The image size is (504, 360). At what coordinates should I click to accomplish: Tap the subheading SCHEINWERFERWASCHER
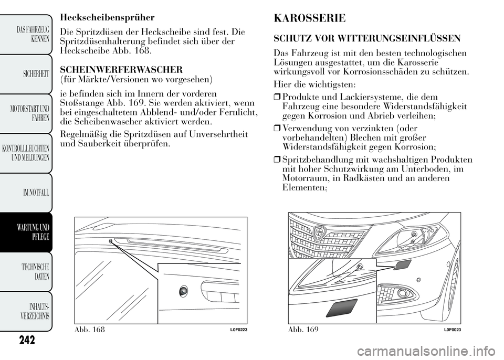[x=121, y=69]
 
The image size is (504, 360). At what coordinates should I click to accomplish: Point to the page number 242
[x=25, y=340]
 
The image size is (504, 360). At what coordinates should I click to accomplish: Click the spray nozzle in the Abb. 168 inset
[x=183, y=290]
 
